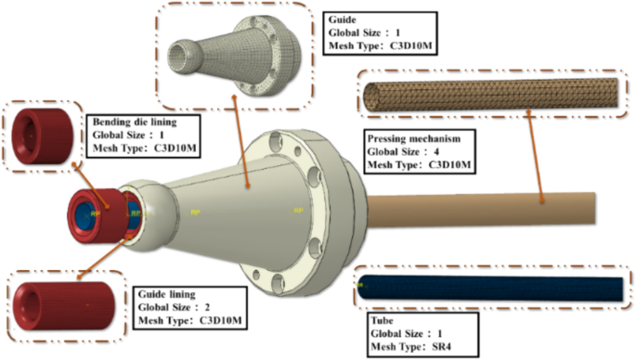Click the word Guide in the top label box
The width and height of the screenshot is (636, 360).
[342, 19]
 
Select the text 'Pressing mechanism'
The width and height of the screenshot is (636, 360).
[414, 138]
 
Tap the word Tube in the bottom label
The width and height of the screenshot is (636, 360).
[382, 321]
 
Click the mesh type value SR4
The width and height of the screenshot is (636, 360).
[440, 347]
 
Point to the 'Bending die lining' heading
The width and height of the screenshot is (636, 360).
[135, 122]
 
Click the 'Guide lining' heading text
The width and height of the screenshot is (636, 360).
[167, 294]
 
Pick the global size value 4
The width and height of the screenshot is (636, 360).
[436, 151]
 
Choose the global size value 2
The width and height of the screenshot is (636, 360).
[207, 307]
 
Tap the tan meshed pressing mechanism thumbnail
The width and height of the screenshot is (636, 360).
[491, 95]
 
